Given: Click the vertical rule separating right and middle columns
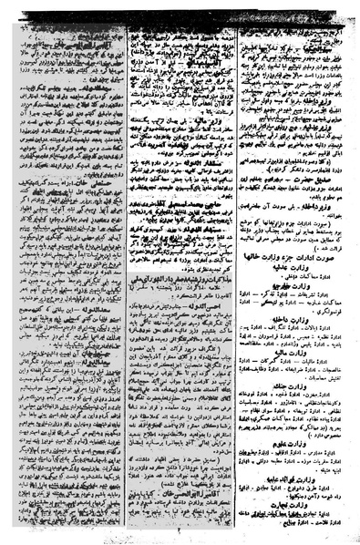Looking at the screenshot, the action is point(238,273).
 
